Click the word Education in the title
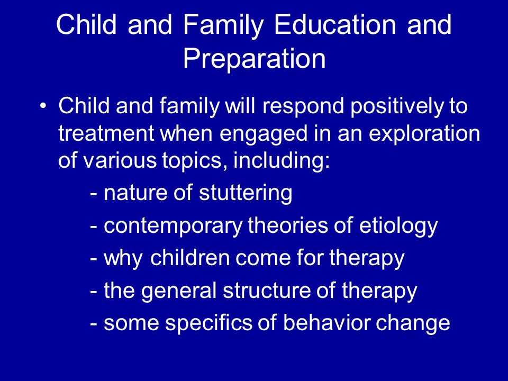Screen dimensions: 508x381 [334, 24]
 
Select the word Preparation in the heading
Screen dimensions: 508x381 [255, 59]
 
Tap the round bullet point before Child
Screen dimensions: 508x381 [43, 106]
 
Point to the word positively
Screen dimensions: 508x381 [396, 106]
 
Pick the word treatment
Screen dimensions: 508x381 [106, 133]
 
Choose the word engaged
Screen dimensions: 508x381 [264, 134]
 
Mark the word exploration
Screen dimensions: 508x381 [424, 133]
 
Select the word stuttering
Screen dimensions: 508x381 [246, 194]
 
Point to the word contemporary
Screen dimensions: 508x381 [173, 226]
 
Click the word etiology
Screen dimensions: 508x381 [398, 226]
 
